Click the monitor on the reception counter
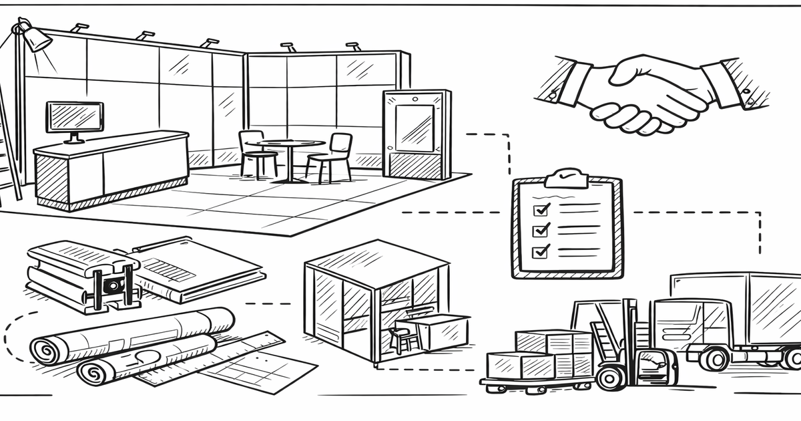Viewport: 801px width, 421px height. pyautogui.click(x=74, y=118)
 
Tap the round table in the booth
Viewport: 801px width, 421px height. pyautogui.click(x=290, y=144)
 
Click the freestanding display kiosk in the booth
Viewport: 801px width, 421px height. pyautogui.click(x=416, y=134)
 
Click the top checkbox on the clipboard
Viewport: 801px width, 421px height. pyautogui.click(x=541, y=209)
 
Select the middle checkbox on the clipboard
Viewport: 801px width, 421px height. pyautogui.click(x=541, y=230)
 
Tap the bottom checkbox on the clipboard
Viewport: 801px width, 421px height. pyautogui.click(x=541, y=251)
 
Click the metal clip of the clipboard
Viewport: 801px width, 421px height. pyautogui.click(x=565, y=177)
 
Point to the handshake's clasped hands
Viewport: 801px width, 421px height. pyautogui.click(x=641, y=100)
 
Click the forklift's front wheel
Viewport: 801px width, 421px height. pyautogui.click(x=611, y=378)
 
